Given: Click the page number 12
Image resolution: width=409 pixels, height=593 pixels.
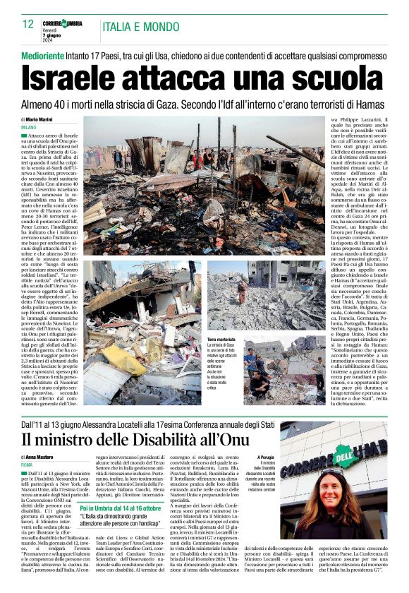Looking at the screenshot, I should (28, 24).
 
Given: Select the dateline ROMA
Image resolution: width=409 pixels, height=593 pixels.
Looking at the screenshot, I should (28, 465).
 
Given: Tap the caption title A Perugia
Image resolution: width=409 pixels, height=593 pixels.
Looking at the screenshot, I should (265, 457).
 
